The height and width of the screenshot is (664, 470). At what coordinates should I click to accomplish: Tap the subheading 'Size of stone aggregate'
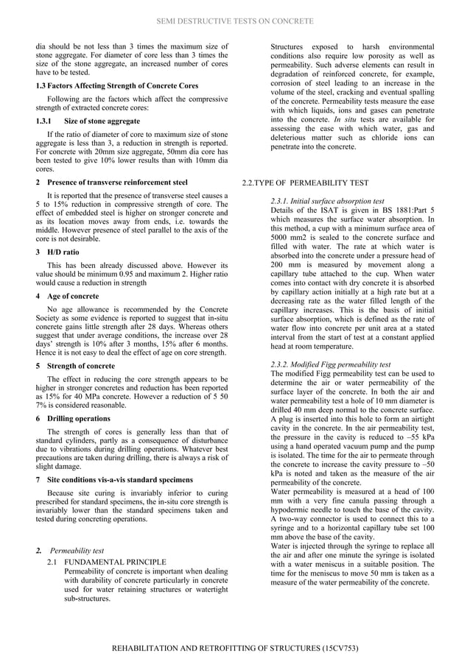click(102, 121)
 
